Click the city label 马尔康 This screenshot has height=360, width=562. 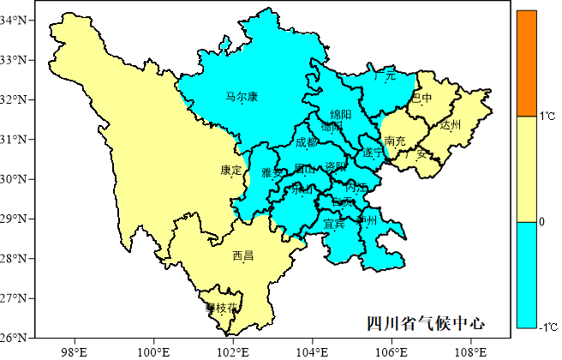tap(242, 97)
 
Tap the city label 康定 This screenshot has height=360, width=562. tap(231, 171)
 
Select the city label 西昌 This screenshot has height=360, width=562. tap(242, 255)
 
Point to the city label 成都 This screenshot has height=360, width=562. tap(306, 143)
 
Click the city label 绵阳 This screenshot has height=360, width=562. tap(341, 115)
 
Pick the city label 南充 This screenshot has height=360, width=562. tap(396, 141)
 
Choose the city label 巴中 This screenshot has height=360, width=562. tap(421, 99)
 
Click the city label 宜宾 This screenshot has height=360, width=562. tap(334, 225)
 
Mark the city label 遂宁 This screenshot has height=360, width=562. tap(373, 152)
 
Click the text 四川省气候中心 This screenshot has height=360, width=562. tap(425, 323)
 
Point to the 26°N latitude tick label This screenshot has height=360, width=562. tap(17, 337)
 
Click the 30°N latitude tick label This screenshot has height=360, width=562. tap(17, 178)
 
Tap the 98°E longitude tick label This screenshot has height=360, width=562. tap(75, 351)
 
